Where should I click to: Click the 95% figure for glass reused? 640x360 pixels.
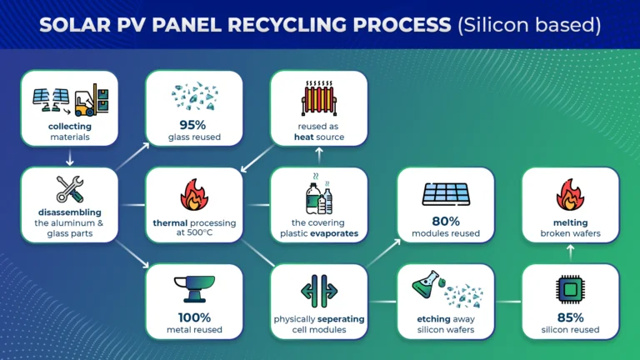point(192,124)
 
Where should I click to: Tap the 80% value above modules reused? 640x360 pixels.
point(446,221)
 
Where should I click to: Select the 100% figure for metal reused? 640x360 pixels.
point(194,317)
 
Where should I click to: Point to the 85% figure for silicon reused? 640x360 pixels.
point(570,317)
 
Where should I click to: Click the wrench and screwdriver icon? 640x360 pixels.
point(70,189)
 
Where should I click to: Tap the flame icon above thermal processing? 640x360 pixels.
point(194,194)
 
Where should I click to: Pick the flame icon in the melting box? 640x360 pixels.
point(570,194)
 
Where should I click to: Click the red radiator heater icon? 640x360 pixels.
point(319,98)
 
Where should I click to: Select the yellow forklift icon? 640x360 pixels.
point(92,100)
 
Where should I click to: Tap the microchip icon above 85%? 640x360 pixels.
point(570,290)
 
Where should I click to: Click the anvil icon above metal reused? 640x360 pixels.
point(194,289)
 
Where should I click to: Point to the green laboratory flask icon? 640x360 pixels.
point(426,284)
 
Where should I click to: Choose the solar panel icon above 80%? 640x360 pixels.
point(446,194)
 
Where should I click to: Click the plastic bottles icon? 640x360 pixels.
point(319,194)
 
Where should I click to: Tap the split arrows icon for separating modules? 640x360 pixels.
point(319,291)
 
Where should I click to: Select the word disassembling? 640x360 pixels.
point(70,212)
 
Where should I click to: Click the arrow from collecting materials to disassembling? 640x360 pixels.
point(70,157)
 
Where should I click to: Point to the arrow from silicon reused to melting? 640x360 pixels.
point(571,252)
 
